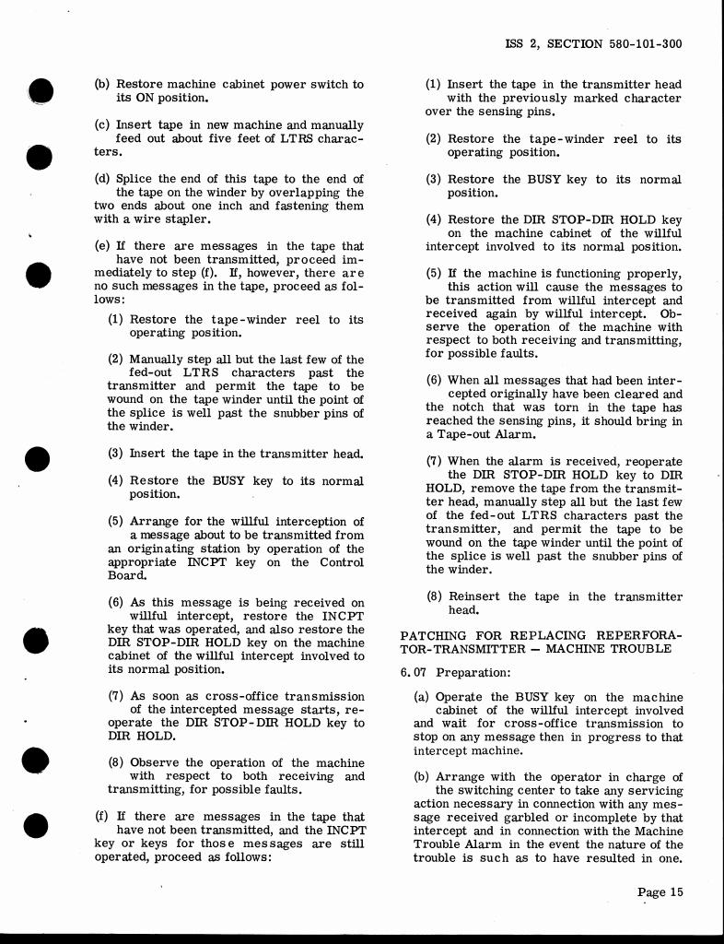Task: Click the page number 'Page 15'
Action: point(660,891)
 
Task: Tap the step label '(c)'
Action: point(102,124)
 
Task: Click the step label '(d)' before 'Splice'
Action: point(102,179)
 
